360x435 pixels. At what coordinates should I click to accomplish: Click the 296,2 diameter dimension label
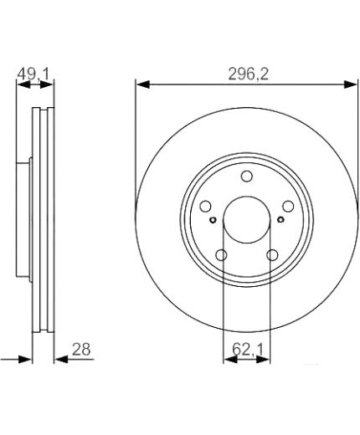click(248, 74)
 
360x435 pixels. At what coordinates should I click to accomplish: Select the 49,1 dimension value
click(33, 74)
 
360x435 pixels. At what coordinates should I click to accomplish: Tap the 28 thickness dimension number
click(81, 349)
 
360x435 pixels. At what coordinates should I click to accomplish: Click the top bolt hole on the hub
click(247, 177)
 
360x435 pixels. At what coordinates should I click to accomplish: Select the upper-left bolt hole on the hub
click(206, 207)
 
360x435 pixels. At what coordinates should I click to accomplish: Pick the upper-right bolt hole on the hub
click(288, 207)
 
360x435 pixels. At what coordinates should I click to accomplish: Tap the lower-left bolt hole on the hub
click(222, 255)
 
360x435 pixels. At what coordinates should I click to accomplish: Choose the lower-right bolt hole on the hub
click(272, 255)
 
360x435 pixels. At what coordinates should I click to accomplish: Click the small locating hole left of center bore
click(213, 220)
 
